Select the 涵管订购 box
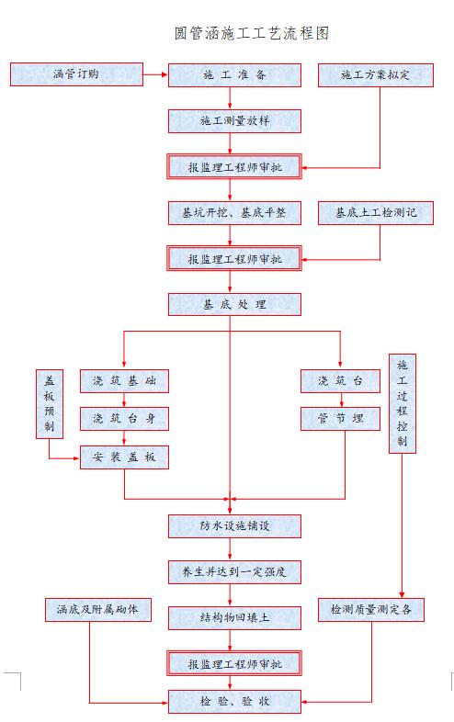(77, 74)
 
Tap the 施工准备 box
(234, 75)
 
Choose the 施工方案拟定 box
(374, 75)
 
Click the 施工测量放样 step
(234, 121)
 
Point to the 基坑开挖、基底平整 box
(234, 213)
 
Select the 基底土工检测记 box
(374, 213)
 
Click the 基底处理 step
(234, 305)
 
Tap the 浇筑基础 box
(124, 381)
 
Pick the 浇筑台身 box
(124, 419)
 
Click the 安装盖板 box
(124, 457)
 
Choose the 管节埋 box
(340, 419)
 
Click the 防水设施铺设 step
(234, 525)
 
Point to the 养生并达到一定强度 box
(234, 571)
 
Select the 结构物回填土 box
(234, 617)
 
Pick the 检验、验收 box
(234, 702)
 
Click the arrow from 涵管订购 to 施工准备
(155, 74)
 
